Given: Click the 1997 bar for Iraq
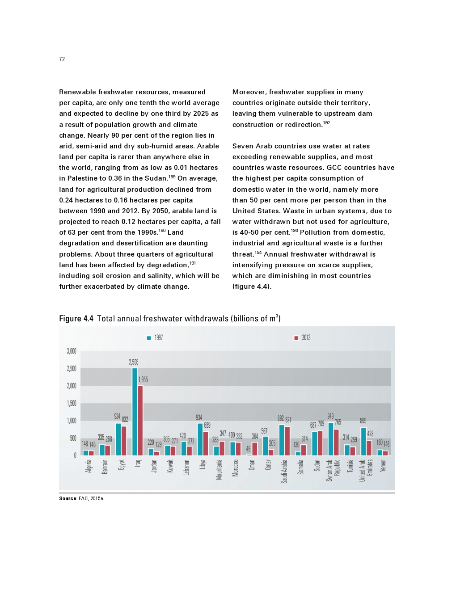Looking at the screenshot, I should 135,412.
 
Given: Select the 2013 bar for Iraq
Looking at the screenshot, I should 140,421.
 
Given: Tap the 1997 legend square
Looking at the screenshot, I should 149,338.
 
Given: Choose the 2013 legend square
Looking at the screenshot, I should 296,338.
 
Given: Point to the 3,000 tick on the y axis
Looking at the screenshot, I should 72,351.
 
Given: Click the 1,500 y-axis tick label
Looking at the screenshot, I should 72,404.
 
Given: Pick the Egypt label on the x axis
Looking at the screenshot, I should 121,465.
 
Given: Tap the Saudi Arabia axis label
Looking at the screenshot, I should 284,471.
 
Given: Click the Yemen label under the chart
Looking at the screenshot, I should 383,466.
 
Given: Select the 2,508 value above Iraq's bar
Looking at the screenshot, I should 134,362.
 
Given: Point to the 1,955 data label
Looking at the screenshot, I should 143,379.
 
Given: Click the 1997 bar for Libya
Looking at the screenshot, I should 200,439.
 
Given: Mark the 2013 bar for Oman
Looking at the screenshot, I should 255,449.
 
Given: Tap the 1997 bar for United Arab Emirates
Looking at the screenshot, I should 363,442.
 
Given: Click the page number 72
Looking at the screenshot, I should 62,59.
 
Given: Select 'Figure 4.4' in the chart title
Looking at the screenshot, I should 76,319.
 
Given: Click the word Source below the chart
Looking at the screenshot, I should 68,498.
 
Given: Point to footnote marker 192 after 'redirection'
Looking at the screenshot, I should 326,123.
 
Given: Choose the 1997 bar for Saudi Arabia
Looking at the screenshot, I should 282,440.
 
